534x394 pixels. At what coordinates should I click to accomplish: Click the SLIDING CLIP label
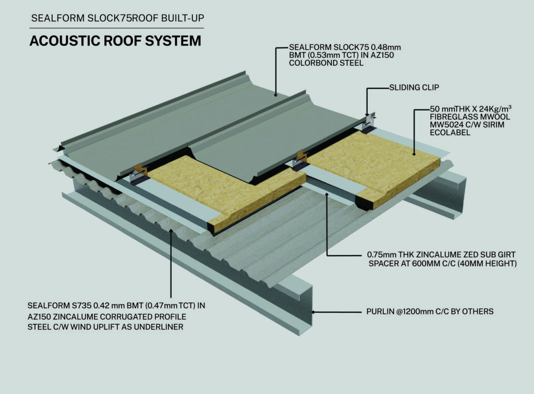(414, 88)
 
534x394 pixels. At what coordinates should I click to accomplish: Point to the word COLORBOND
(310, 63)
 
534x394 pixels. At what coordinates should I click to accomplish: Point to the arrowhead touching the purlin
(313, 312)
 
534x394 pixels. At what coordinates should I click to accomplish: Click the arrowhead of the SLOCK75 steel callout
(276, 94)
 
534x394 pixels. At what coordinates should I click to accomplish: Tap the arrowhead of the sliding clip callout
(367, 114)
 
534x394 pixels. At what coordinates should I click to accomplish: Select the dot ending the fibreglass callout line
(415, 154)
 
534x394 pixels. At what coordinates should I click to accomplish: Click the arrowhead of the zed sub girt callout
(327, 195)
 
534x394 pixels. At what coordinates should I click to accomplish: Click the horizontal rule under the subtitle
(116, 28)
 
